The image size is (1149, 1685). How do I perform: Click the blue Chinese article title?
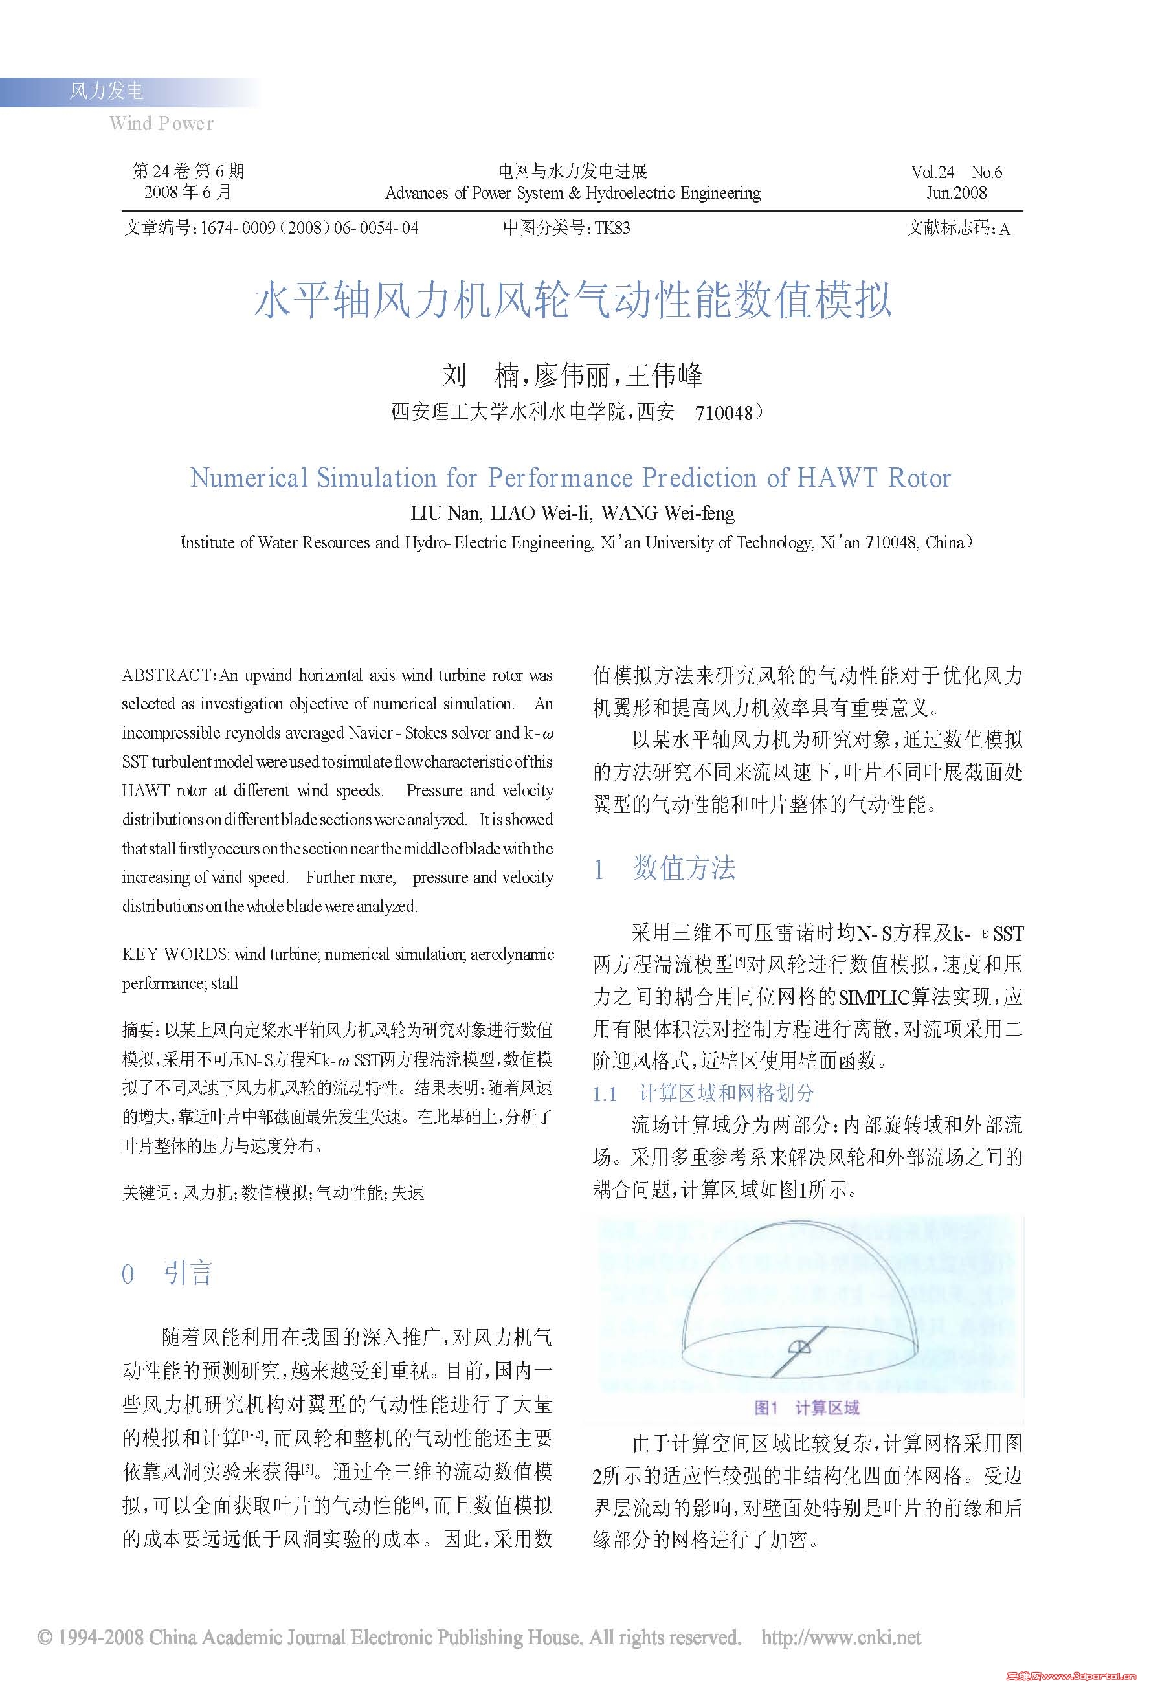tap(573, 300)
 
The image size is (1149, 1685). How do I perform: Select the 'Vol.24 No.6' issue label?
tap(956, 172)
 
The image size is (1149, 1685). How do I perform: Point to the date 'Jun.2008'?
tap(956, 193)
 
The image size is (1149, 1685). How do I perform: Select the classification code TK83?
tap(612, 228)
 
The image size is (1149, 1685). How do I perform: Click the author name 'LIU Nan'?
tap(444, 513)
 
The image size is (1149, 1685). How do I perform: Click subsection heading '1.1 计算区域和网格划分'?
tap(703, 1093)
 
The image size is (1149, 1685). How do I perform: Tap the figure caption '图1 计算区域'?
tap(806, 1407)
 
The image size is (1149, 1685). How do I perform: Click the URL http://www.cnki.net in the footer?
tap(841, 1637)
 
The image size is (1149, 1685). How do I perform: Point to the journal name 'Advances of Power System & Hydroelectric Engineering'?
tap(573, 193)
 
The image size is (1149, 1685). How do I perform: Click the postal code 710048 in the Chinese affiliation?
tap(724, 413)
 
